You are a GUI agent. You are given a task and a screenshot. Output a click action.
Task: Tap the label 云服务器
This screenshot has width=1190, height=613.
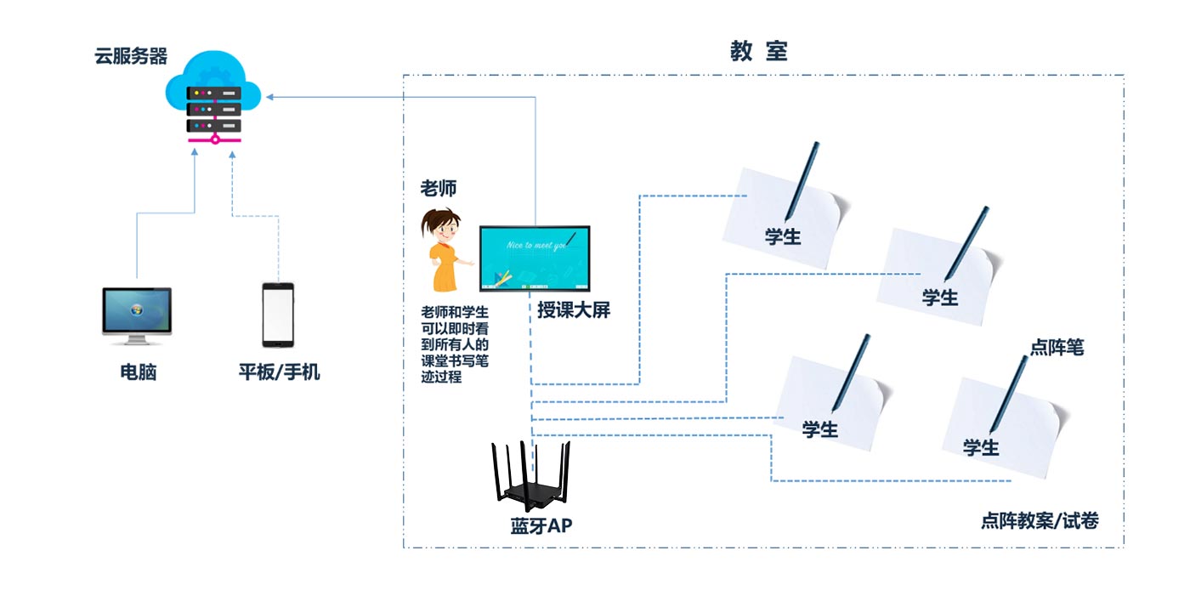click(x=131, y=57)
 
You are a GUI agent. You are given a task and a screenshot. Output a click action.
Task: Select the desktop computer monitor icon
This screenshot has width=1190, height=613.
click(x=137, y=313)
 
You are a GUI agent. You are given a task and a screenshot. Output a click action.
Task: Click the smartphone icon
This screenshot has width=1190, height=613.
click(x=278, y=315)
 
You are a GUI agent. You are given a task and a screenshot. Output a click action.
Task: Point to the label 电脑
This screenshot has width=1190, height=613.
click(x=138, y=372)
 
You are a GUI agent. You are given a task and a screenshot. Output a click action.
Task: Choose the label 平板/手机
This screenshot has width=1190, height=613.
click(x=279, y=372)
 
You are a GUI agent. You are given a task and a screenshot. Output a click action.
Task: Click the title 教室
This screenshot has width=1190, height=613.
click(x=759, y=51)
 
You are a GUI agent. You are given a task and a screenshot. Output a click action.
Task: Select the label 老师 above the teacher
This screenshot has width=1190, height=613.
click(x=439, y=187)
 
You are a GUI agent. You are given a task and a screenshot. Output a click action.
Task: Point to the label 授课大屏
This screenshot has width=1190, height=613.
click(x=574, y=310)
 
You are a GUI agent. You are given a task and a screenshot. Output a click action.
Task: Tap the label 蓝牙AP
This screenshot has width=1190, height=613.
click(x=541, y=526)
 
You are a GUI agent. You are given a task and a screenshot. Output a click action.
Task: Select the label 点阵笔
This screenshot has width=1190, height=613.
click(x=1057, y=347)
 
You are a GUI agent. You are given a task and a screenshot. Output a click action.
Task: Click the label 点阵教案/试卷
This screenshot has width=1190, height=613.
click(x=1039, y=520)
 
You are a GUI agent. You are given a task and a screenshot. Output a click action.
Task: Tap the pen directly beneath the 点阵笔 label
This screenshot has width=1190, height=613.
click(x=1008, y=394)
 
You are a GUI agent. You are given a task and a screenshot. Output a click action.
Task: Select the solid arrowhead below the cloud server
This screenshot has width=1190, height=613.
click(x=195, y=151)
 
